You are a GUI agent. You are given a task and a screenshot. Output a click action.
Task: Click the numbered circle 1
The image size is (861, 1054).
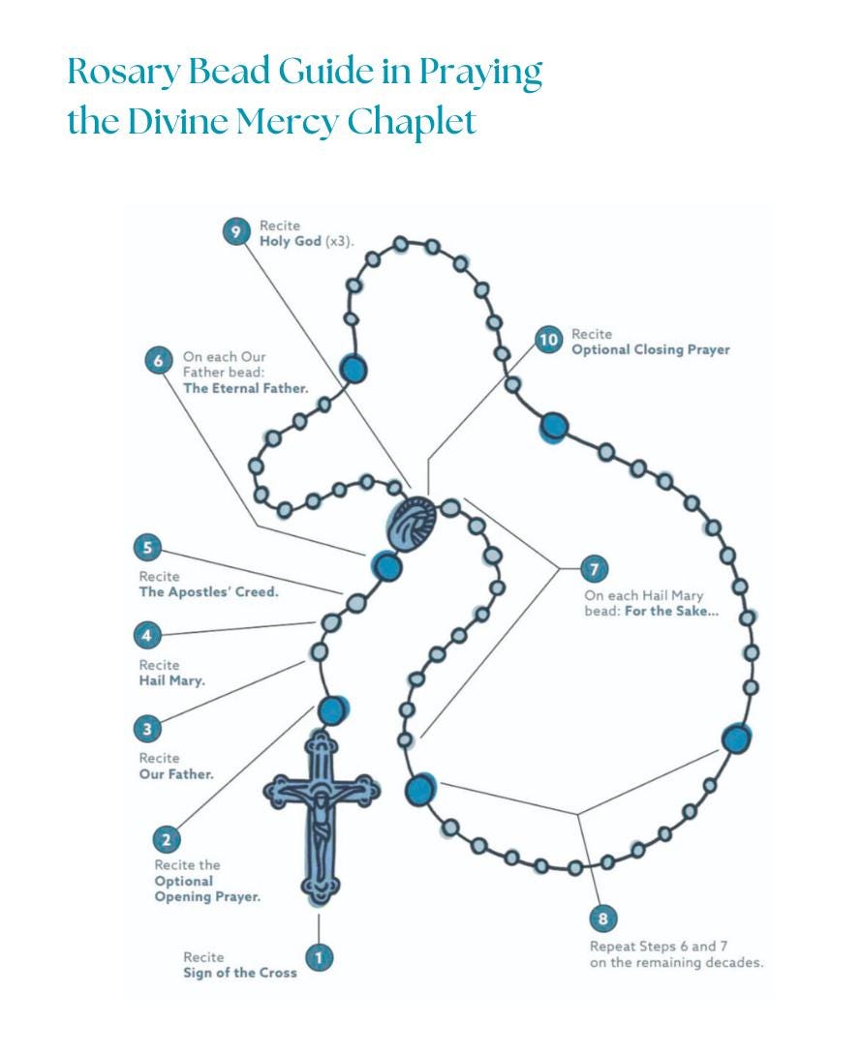319,958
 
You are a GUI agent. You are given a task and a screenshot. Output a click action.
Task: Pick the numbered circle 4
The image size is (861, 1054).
147,636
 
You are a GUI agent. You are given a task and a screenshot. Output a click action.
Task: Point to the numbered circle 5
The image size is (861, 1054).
147,549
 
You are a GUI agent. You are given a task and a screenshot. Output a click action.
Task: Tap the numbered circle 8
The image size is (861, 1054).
603,918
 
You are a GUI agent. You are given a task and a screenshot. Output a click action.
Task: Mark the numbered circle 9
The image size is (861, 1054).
236,232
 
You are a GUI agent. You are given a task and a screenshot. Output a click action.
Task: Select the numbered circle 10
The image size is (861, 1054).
548,340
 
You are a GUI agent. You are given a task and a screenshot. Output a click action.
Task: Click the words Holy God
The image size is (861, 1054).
290,241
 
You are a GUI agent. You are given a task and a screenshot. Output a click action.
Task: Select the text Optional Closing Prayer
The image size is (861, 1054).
650,349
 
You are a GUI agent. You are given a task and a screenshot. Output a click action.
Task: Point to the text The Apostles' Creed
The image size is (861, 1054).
208,592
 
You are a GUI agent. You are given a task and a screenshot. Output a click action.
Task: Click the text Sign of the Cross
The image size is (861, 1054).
239,973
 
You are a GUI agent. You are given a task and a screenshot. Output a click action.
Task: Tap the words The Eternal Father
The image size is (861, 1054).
245,388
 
